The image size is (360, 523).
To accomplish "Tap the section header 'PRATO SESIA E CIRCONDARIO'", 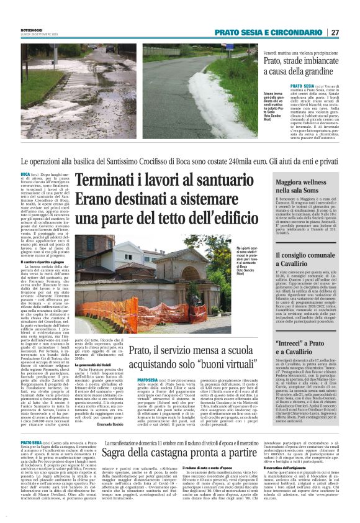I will point(269,32).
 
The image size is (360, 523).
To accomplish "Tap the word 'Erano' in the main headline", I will point(99,201).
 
